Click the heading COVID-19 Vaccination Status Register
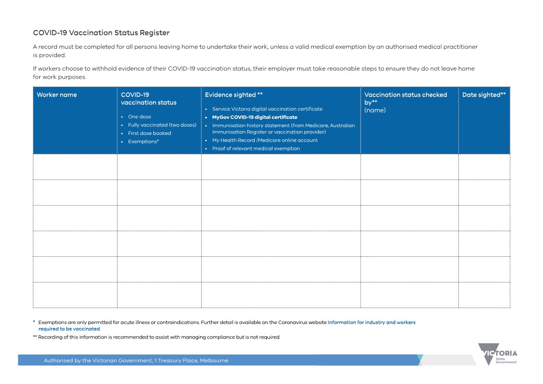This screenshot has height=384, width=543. pos(101,33)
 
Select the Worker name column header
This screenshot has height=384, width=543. pos(57,95)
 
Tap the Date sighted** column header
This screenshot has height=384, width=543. pos(484,95)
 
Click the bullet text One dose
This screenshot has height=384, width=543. pos(139,117)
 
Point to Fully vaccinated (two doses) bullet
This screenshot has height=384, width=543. pos(162,125)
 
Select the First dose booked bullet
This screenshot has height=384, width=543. pos(149,133)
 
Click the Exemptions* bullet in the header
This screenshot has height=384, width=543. pos(143,142)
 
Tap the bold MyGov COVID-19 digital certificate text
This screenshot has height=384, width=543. pos(254,117)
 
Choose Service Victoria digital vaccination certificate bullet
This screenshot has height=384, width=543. pos(267,109)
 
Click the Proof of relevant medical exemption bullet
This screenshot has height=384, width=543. pos(256,148)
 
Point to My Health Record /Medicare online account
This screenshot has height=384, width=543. pos(264,140)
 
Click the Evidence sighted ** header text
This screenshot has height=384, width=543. pos(234,95)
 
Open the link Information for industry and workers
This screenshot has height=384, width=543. pos(371,322)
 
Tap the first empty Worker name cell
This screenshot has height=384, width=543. pos(75,167)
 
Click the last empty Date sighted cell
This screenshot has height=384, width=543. pos(484,295)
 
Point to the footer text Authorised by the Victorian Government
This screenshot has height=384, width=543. pos(136,360)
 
